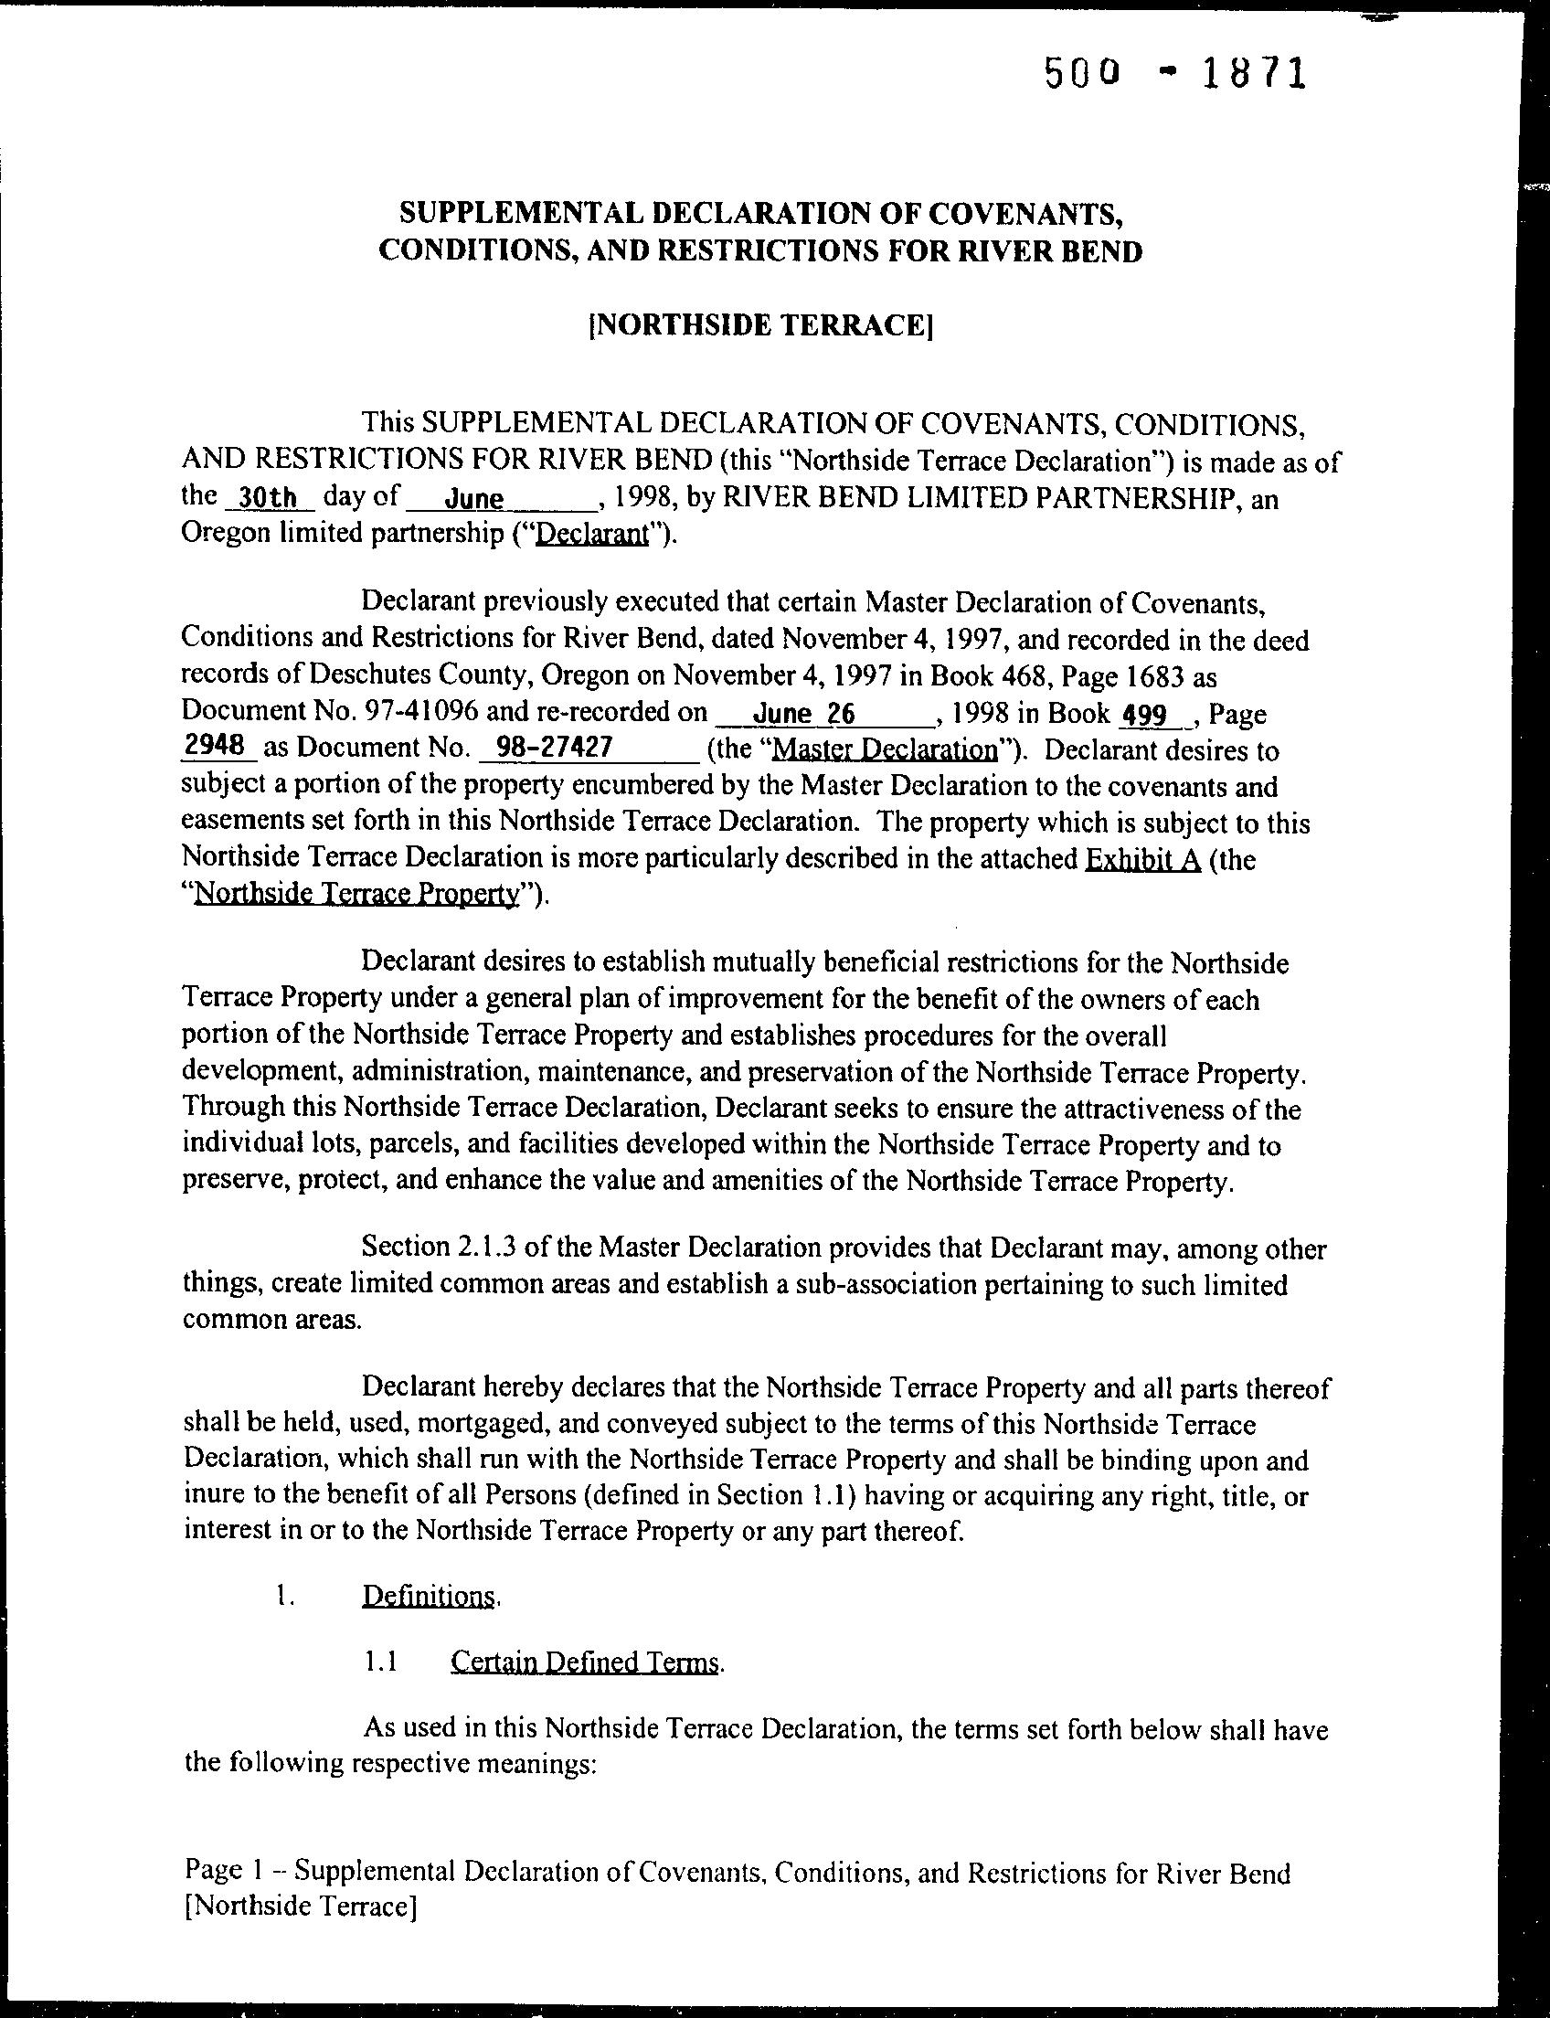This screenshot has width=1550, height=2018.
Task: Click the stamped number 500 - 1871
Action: [1175, 74]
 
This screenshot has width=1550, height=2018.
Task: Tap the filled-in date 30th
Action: [267, 498]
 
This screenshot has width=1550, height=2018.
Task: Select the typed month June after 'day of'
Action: [474, 499]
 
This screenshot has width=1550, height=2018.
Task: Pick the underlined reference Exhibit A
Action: [1142, 859]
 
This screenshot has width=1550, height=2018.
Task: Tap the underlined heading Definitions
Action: [429, 1598]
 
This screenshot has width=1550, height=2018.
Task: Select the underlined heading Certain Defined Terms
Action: [584, 1662]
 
